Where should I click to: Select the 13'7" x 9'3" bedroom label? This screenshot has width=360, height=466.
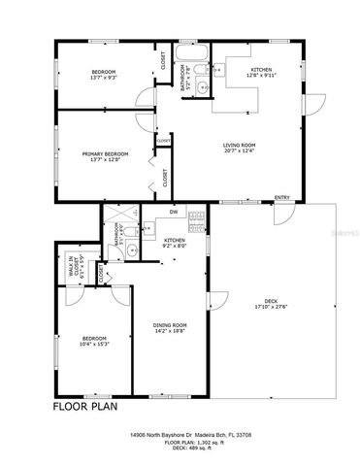click(105, 75)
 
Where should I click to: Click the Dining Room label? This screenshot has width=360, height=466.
click(170, 328)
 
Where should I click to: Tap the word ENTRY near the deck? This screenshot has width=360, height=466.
click(281, 198)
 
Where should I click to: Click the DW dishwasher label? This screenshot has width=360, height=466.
click(174, 211)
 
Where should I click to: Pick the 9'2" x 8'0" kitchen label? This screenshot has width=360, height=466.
click(175, 243)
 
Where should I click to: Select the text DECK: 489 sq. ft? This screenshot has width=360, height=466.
click(180, 449)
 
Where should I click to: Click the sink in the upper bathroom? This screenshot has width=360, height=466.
click(202, 89)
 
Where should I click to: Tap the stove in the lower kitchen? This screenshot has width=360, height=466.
click(197, 219)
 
